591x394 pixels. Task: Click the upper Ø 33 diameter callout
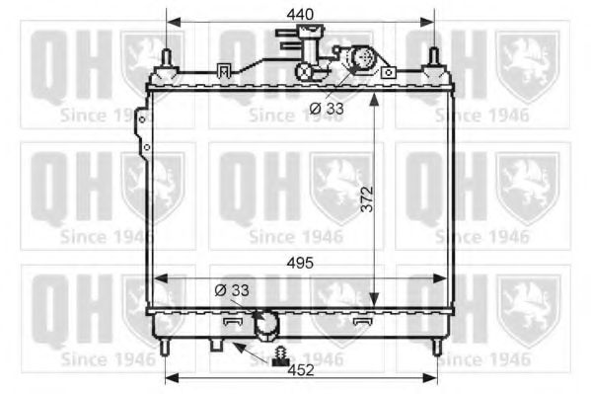[326, 109]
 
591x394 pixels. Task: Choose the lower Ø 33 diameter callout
[231, 289]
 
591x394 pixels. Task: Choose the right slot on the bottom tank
[363, 322]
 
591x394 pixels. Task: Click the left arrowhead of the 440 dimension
[172, 21]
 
